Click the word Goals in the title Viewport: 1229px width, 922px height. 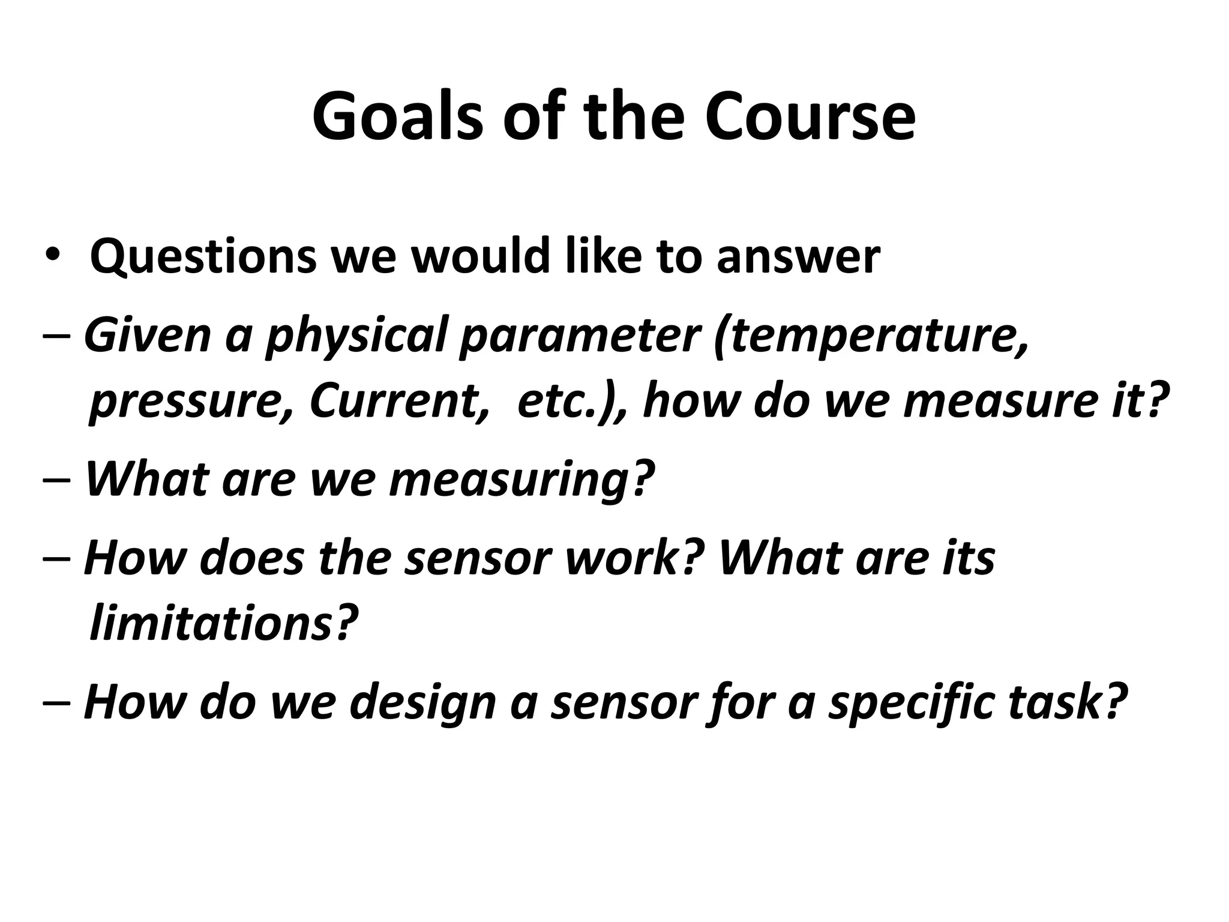coord(397,117)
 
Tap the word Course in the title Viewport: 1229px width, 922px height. coord(810,117)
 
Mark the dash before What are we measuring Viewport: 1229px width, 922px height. coord(58,480)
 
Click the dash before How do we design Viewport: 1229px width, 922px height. coord(58,702)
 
